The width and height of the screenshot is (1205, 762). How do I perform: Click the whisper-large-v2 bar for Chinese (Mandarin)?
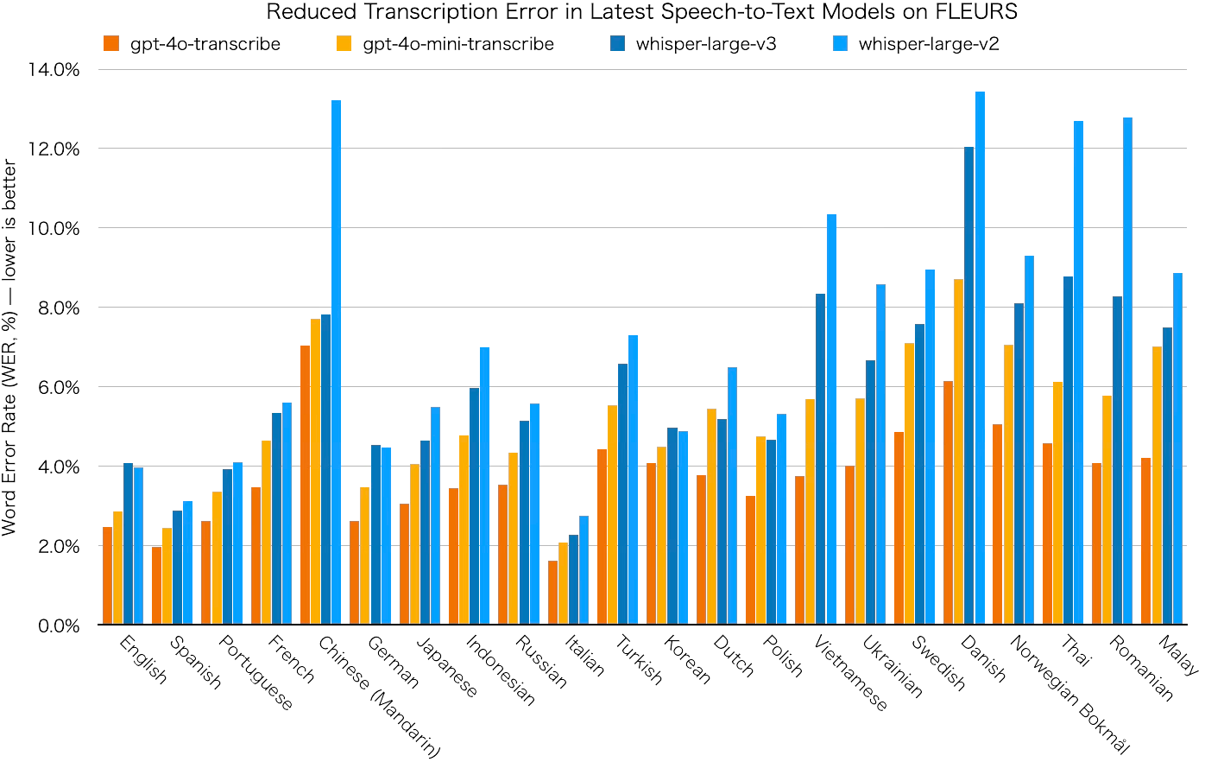point(336,362)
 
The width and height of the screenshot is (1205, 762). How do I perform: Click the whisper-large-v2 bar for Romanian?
point(1127,371)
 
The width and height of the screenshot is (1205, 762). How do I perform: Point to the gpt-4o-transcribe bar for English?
point(107,575)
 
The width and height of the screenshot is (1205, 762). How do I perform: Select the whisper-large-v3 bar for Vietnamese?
point(821,459)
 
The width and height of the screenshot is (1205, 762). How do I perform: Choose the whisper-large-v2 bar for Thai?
point(1078,372)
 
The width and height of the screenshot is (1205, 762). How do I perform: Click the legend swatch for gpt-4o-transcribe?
point(110,43)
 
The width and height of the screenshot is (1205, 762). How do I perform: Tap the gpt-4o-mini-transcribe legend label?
point(457,43)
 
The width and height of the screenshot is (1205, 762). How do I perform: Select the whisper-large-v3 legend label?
point(706,43)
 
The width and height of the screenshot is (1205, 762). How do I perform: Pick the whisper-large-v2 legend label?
point(929,43)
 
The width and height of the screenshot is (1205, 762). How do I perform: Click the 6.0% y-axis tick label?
point(58,387)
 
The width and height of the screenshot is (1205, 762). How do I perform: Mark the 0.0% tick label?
point(58,625)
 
